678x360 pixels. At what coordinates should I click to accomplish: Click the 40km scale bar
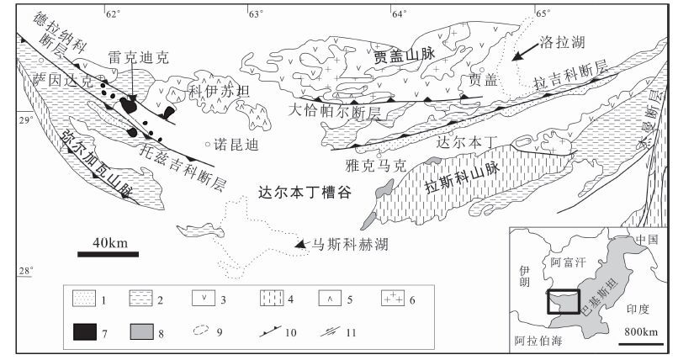(109, 251)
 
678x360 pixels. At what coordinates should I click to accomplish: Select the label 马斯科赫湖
(350, 244)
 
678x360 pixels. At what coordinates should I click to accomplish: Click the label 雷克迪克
(139, 57)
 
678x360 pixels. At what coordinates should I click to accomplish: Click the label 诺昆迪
(236, 144)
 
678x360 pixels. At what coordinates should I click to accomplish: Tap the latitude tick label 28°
(27, 270)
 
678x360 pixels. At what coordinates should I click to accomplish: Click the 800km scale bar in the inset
(641, 341)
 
